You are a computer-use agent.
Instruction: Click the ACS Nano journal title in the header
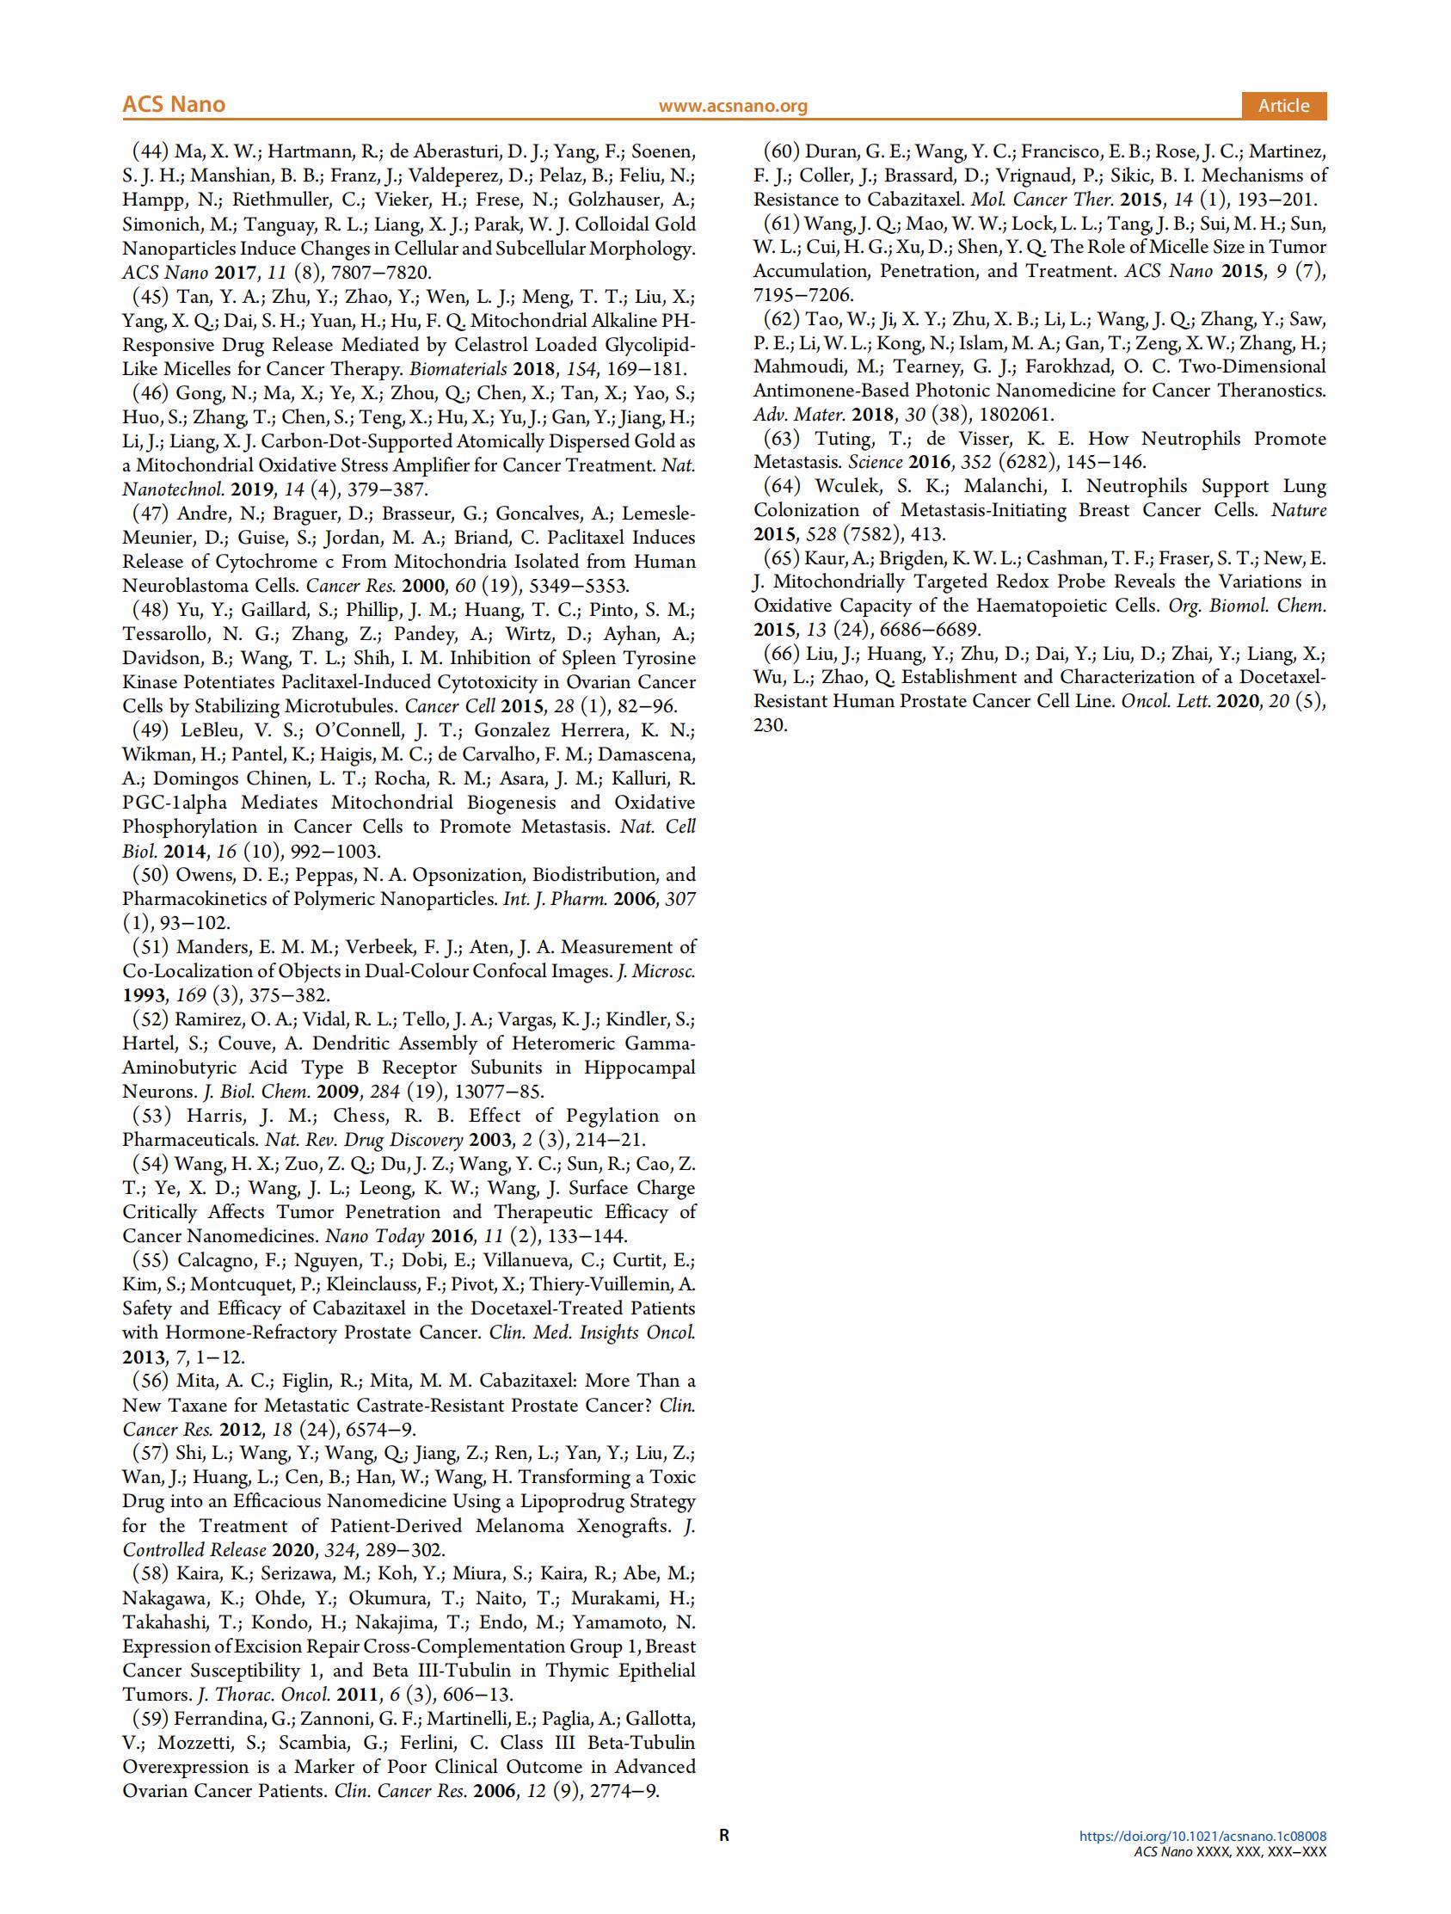[x=173, y=105]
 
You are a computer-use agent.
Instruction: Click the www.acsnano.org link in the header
[x=733, y=106]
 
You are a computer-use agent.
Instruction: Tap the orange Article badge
[x=1283, y=106]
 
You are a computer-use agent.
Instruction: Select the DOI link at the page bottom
[x=1202, y=1836]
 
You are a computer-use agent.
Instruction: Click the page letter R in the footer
[x=724, y=1835]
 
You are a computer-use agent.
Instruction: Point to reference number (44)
[x=150, y=151]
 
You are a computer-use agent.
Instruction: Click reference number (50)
[x=150, y=875]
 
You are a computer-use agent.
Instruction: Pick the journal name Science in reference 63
[x=875, y=462]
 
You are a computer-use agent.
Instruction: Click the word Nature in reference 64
[x=1299, y=510]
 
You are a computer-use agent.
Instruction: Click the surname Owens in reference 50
[x=204, y=875]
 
